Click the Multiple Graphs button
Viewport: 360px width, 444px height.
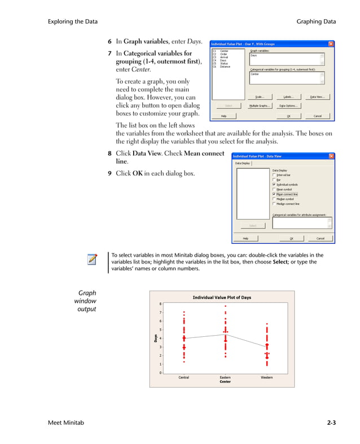(x=258, y=105)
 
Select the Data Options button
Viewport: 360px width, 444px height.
(x=288, y=105)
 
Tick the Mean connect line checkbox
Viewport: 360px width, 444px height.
(x=274, y=194)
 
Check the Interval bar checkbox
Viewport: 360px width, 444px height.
(x=274, y=175)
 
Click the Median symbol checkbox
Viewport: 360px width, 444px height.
(x=274, y=199)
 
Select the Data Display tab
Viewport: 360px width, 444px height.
(x=243, y=164)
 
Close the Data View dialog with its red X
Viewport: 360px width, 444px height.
(x=331, y=156)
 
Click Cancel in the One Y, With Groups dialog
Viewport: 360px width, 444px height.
(x=317, y=116)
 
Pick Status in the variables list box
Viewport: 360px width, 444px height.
(x=224, y=64)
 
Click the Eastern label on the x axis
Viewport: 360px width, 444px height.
(x=225, y=377)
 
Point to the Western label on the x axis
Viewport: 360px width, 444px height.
(x=266, y=377)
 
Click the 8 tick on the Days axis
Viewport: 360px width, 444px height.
(x=160, y=304)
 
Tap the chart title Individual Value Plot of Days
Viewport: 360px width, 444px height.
(x=222, y=297)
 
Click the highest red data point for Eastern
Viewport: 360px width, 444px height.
(x=225, y=306)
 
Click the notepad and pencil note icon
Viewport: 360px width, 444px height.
(x=91, y=260)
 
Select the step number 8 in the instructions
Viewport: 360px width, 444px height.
(x=109, y=153)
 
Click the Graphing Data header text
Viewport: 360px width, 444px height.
(x=316, y=21)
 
